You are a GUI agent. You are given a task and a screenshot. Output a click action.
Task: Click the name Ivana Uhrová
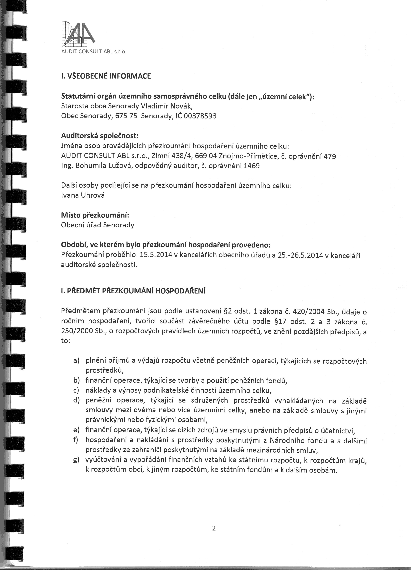[x=83, y=195]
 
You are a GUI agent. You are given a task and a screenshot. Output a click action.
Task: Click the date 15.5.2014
[x=156, y=255]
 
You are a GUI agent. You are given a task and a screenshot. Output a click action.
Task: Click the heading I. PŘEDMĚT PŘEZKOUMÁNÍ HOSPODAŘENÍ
[x=133, y=291]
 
